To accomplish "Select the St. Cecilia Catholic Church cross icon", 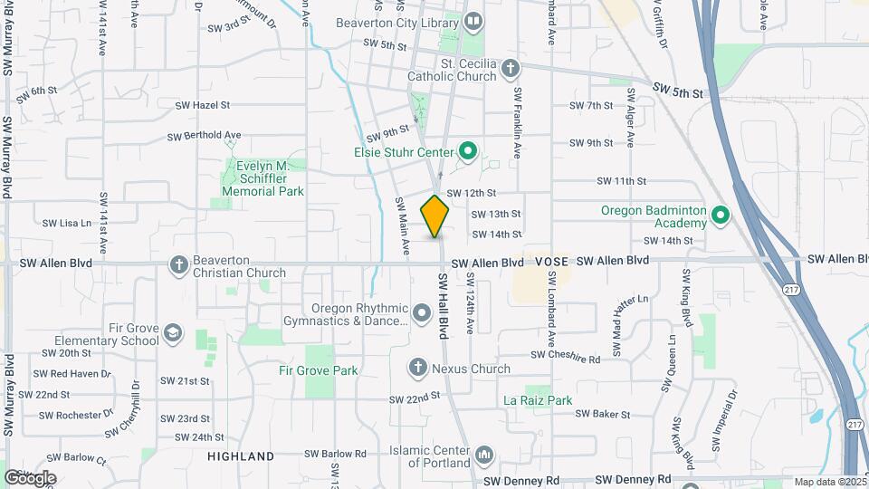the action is (x=511, y=69).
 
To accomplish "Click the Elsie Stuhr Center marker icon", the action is (x=468, y=151).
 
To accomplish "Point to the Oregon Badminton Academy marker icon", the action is (x=721, y=216).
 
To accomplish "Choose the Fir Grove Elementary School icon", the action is (x=172, y=336).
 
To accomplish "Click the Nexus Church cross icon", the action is (x=417, y=368).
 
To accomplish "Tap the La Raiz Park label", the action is (x=538, y=399).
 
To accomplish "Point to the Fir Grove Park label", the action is (x=318, y=370).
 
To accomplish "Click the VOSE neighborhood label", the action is (x=551, y=261).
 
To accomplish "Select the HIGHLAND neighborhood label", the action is (x=240, y=455).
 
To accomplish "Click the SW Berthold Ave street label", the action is (x=204, y=136).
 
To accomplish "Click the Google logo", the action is (x=30, y=477).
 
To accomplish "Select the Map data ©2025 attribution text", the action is (x=828, y=482).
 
